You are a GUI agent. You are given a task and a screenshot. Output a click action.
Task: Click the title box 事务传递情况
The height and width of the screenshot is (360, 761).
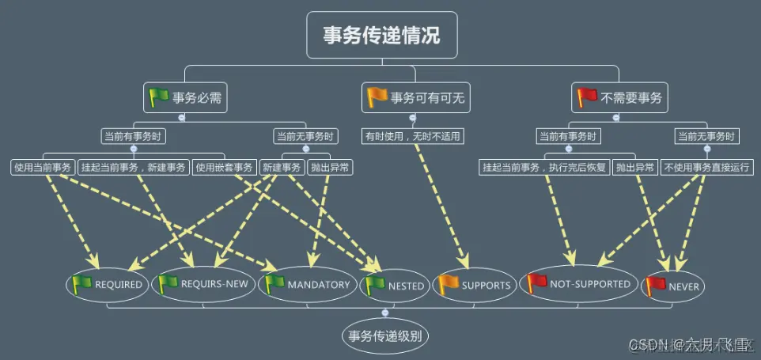(381, 35)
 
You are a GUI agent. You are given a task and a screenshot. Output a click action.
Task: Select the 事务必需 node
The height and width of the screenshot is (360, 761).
(186, 99)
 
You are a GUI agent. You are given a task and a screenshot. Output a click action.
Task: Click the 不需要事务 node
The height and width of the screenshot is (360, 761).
(619, 99)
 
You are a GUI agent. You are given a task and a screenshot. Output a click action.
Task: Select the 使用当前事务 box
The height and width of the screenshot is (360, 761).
(44, 167)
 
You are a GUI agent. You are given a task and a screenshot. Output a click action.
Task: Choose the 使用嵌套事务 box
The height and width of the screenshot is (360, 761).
(225, 167)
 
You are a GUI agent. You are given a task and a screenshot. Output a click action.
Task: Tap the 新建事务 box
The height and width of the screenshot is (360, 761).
(282, 167)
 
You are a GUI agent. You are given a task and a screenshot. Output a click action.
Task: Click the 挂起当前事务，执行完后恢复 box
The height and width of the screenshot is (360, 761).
(545, 167)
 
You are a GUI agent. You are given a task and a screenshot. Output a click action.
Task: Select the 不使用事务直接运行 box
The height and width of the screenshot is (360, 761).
(707, 167)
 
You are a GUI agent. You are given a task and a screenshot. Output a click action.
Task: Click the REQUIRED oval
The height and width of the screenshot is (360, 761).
(108, 285)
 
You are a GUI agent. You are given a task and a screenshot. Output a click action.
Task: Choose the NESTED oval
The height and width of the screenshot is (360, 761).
(396, 286)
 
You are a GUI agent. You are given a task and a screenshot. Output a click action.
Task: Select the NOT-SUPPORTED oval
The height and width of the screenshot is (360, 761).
(579, 283)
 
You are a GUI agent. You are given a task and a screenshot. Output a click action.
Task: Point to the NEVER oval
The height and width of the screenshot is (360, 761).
(673, 286)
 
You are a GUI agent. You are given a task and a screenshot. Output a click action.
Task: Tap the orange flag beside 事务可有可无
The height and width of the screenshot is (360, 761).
(377, 98)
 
